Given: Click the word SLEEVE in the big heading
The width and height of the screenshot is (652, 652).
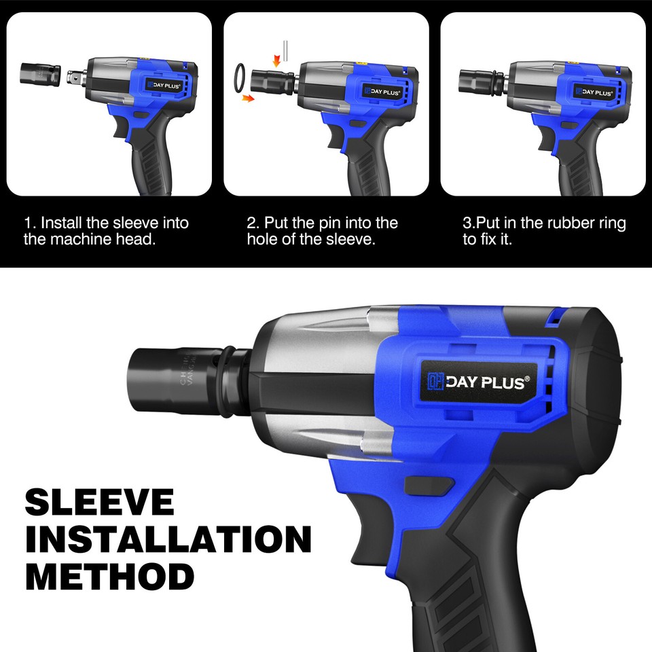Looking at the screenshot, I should click(100, 502).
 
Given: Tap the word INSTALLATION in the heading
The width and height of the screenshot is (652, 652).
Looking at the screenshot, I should click(168, 539).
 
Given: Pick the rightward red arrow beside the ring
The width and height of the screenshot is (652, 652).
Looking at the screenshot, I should click(249, 98).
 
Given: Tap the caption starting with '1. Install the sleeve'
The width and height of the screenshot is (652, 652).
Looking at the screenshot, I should click(106, 231).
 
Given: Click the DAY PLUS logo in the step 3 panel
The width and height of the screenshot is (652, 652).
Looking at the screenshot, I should click(594, 91).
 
